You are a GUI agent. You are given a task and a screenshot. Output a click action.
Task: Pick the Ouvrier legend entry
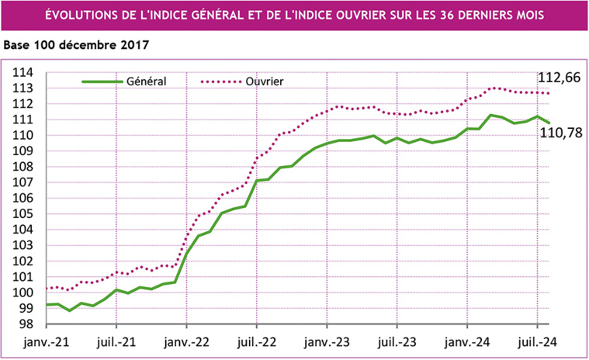point(264,80)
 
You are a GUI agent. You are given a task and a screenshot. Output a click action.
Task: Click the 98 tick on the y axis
point(26,324)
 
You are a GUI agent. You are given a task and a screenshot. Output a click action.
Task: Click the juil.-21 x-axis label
point(116,341)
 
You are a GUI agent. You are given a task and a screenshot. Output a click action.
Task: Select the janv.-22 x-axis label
point(187,341)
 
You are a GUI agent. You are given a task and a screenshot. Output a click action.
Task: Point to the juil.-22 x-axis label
point(257,341)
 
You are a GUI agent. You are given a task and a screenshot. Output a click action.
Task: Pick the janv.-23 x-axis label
point(327,341)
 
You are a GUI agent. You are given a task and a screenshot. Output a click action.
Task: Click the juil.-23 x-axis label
point(397,341)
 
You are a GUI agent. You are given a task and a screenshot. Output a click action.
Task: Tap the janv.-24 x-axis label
point(467,341)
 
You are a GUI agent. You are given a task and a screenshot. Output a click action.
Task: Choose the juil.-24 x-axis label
point(537,341)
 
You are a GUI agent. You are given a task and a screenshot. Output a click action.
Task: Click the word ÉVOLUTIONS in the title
point(82,15)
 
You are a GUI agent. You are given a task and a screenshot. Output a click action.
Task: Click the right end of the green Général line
point(549,123)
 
